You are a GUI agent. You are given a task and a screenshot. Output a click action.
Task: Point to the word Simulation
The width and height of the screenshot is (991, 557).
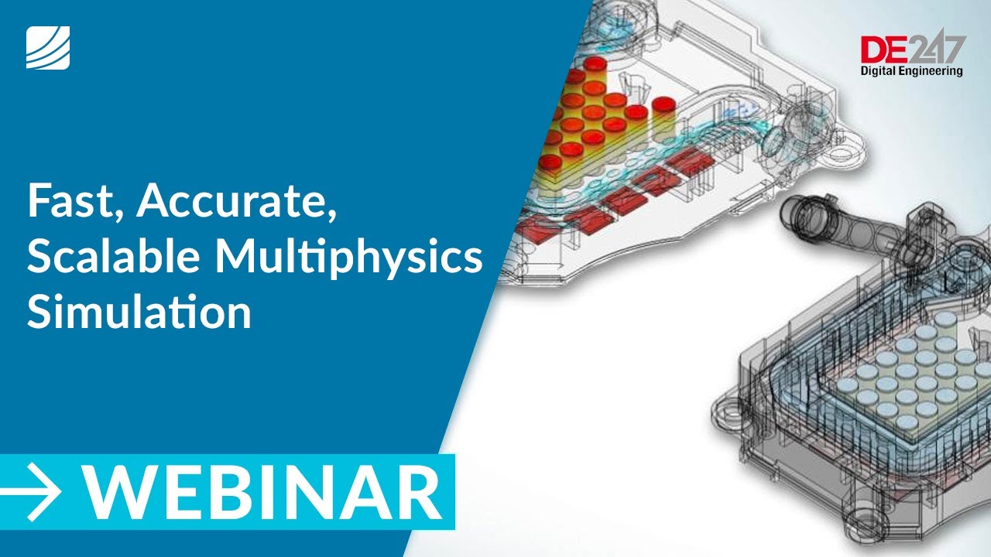(x=139, y=313)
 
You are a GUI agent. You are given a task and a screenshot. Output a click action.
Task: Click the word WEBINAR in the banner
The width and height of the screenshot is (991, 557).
(x=263, y=492)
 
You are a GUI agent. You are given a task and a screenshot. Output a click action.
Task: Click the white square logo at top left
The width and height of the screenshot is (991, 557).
(x=48, y=47)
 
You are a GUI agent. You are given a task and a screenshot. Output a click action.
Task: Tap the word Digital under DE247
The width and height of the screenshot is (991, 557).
(x=883, y=71)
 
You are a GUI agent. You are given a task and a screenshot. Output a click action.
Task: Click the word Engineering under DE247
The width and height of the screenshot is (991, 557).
(x=934, y=72)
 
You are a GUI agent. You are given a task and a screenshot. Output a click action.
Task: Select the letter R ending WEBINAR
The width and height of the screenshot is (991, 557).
(x=419, y=492)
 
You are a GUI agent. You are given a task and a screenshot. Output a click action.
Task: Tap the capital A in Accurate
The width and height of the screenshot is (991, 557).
(x=154, y=203)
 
